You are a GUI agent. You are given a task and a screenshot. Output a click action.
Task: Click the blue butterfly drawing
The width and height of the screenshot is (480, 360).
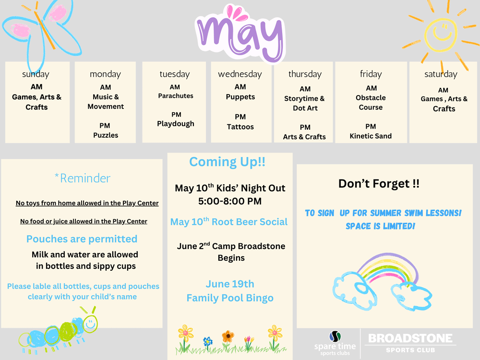41,31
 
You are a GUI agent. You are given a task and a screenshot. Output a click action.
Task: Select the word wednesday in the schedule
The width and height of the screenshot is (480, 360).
240,74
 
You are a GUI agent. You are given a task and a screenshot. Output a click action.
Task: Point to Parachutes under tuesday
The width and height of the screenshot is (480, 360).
176,96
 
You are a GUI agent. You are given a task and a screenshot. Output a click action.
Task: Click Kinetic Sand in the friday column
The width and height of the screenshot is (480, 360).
371,136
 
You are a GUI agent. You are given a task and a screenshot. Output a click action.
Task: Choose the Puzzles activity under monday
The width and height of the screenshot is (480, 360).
106,135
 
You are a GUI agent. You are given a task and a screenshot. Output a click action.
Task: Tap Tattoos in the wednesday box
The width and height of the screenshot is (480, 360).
240,127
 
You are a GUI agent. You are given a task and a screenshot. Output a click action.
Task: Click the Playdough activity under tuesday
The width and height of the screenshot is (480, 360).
176,124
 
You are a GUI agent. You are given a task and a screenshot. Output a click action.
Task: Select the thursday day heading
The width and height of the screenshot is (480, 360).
305,74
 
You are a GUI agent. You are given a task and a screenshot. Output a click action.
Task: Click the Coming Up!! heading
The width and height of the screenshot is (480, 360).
227,162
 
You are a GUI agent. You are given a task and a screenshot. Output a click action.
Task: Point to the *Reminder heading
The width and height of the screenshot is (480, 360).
83,178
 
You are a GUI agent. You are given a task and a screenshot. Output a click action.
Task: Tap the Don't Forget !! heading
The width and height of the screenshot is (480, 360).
379,184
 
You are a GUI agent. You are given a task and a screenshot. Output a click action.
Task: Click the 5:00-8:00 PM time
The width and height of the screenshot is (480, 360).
230,201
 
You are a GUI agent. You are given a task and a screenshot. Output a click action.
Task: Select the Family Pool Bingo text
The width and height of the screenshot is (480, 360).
230,298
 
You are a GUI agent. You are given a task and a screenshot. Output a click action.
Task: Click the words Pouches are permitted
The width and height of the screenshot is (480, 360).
82,239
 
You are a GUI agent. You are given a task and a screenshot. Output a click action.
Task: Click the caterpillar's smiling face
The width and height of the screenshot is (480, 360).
90,323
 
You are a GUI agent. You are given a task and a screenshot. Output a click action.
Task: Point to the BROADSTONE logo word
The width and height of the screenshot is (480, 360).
410,338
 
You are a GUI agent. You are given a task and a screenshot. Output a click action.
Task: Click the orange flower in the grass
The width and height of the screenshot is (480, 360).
228,336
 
